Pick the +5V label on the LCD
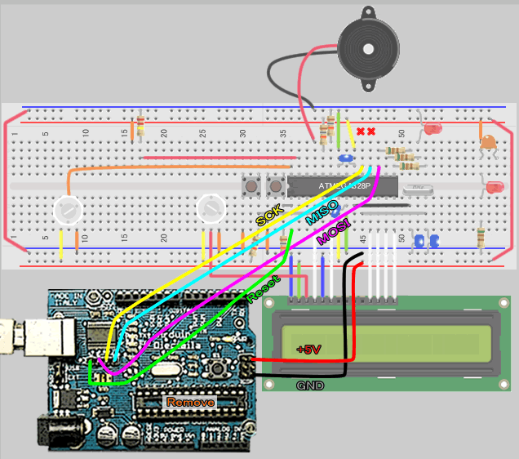[308, 349]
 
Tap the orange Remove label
[190, 402]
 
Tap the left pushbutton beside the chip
[249, 186]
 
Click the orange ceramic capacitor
[488, 143]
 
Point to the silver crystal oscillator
[418, 189]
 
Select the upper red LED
[432, 129]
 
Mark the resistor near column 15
[140, 125]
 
